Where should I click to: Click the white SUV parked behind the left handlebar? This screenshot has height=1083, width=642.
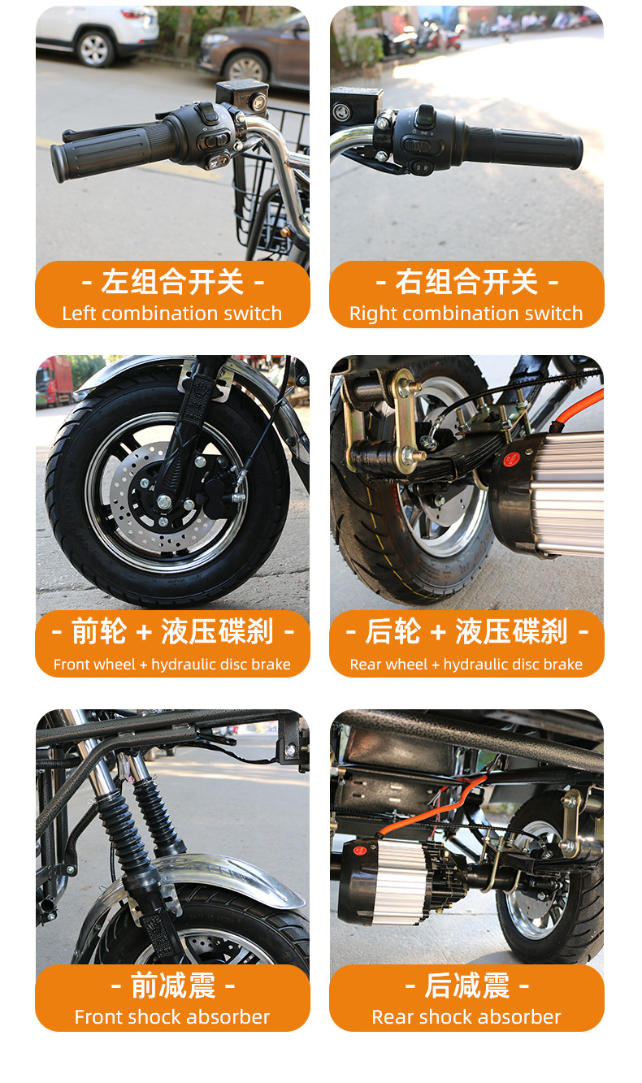tap(97, 34)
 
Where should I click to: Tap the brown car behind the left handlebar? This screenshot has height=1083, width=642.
tap(254, 52)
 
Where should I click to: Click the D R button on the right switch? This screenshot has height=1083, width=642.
tap(422, 167)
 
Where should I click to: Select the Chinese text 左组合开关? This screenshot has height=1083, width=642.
tap(172, 282)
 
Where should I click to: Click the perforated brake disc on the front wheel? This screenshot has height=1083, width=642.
tap(164, 498)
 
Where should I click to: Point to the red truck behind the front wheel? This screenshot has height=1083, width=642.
tap(54, 382)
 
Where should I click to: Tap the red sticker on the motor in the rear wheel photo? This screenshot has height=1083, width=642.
tap(510, 459)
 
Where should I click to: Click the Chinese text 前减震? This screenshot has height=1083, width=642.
tap(172, 986)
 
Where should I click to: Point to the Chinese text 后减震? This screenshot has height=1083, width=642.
tap(467, 986)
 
